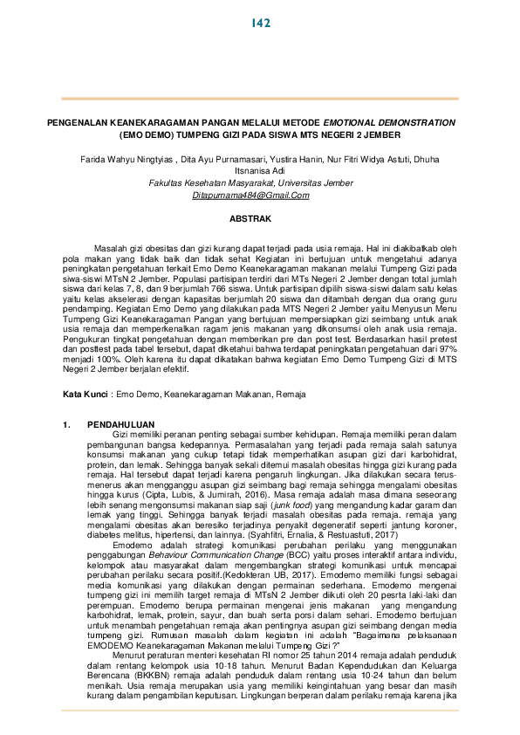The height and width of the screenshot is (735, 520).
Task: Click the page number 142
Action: point(259,22)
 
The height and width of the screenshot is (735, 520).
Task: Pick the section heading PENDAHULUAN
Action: point(122,423)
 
